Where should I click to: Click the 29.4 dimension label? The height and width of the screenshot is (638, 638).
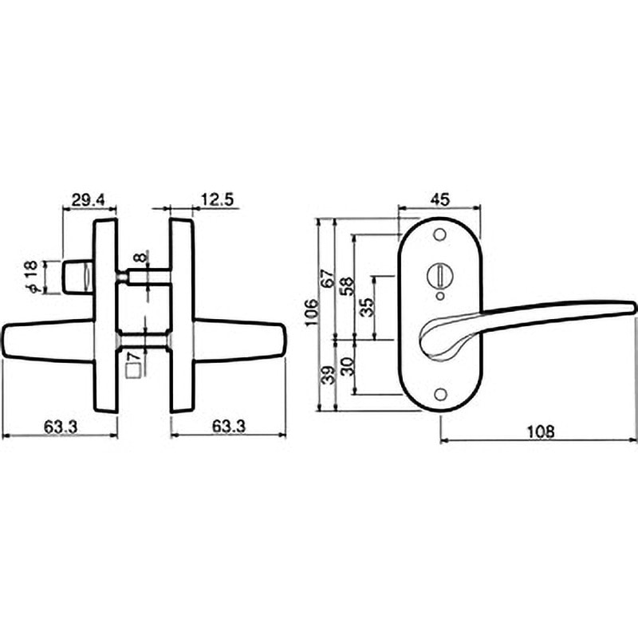[89, 200]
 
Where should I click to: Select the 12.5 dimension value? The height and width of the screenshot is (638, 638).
[218, 200]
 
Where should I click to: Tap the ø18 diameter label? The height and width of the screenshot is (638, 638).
[31, 277]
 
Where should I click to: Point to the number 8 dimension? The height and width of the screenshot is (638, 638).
[140, 258]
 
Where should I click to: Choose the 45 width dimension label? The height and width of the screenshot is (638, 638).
[440, 199]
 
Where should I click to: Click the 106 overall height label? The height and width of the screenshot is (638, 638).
[312, 313]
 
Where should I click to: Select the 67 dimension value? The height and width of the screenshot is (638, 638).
[329, 278]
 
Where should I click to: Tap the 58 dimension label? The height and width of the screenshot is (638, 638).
[348, 286]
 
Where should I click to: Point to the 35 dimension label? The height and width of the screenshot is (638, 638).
[367, 308]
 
